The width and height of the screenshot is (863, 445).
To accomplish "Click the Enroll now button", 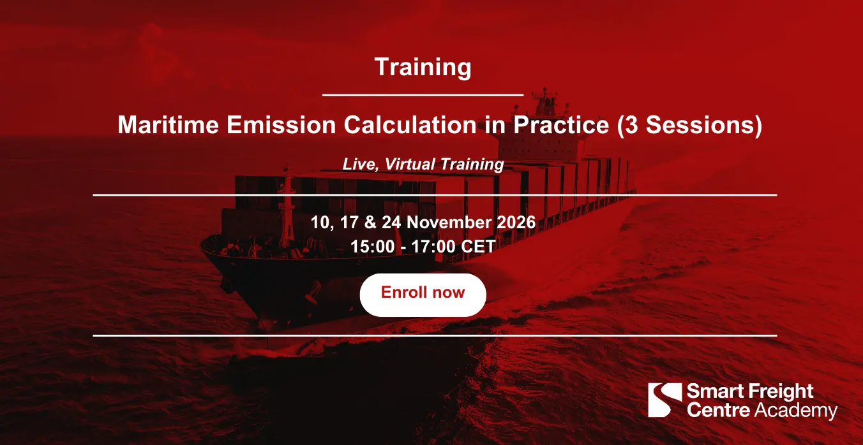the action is coord(423,295).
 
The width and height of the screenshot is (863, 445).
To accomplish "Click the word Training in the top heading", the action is coord(423,68).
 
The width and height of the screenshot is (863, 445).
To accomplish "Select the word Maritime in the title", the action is coord(169,125).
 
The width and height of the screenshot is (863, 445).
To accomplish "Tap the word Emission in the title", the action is coord(281,125).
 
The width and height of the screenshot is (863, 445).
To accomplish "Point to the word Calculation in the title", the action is coord(410,125).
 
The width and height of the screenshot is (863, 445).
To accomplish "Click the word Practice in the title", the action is coord(561,125).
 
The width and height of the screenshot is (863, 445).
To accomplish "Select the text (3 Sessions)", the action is coord(689,126).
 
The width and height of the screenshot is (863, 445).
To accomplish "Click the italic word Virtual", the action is coord(410,164).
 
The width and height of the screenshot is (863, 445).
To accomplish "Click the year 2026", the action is coord(516,222).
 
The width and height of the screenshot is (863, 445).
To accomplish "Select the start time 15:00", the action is coord(373,247).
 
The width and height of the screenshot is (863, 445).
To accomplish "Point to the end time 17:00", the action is coord(433,247).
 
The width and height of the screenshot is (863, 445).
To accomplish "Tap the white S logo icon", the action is coord(664,400).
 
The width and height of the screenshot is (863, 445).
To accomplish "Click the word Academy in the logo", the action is coord(796,411).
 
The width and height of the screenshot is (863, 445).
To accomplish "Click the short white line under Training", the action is coord(423,95).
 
